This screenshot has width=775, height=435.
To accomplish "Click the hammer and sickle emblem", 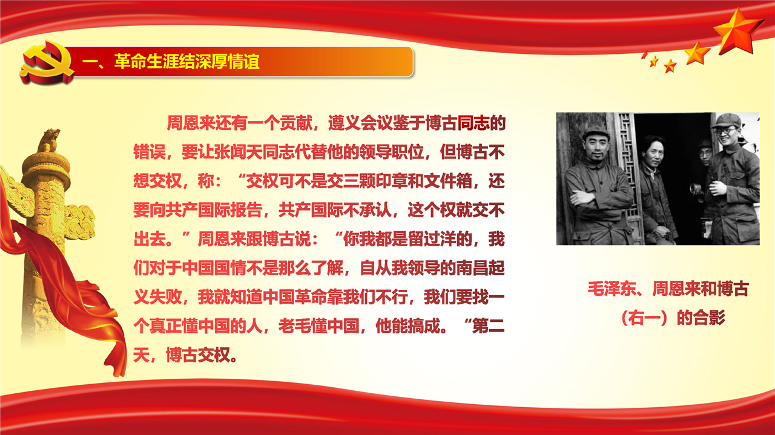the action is (x=47, y=62).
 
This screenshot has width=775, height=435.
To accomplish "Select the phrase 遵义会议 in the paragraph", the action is (x=360, y=123).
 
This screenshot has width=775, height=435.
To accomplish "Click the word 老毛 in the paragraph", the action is (x=294, y=325).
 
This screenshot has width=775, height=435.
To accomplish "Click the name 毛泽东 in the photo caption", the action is (x=612, y=289).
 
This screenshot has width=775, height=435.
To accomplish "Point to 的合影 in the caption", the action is (x=701, y=318).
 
